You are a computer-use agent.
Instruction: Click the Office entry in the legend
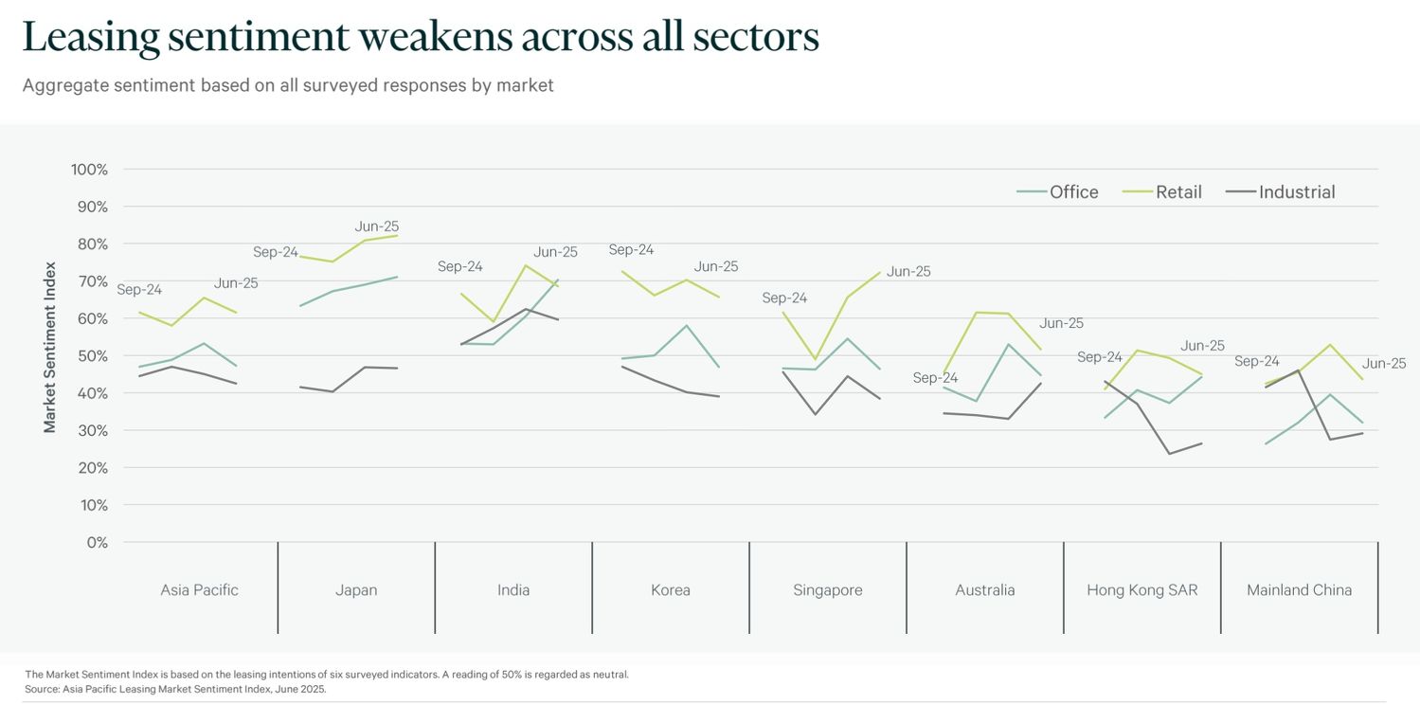pos(1072,192)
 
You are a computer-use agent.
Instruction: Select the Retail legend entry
pos(1177,192)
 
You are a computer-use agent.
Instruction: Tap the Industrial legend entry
pos(1296,192)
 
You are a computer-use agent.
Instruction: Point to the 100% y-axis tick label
pos(89,170)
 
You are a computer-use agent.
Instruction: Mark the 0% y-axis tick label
pos(98,543)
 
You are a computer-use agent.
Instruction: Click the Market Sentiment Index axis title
pos(50,348)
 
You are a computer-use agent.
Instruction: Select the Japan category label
pos(356,590)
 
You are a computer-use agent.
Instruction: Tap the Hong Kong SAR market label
pos(1141,590)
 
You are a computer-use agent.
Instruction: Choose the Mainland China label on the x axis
pos(1299,590)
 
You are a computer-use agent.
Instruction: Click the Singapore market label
pos(828,590)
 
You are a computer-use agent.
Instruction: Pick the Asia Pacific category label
pos(199,590)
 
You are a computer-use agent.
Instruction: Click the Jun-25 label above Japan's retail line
pos(377,226)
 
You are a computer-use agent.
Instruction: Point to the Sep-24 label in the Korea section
pos(631,250)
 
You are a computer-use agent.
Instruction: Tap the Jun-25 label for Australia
pos(1061,323)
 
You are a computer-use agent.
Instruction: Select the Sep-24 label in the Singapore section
pos(784,298)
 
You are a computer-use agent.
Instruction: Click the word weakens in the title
pos(437,38)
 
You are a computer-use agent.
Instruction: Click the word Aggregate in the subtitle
pos(63,85)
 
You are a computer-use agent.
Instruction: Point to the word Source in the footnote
pos(42,689)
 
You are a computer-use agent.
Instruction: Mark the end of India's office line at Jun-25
pos(558,280)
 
